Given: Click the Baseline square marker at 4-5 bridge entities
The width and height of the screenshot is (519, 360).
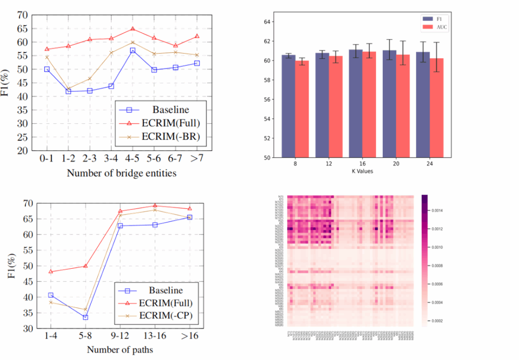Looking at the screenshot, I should pyautogui.click(x=133, y=51).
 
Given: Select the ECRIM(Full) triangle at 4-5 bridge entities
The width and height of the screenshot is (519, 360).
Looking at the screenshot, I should pyautogui.click(x=133, y=29).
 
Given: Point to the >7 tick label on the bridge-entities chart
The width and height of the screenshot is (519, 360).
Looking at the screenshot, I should pyautogui.click(x=197, y=159).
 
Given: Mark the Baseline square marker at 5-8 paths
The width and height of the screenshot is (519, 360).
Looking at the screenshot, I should pyautogui.click(x=85, y=317).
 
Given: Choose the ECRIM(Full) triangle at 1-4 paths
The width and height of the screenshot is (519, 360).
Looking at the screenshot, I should pyautogui.click(x=50, y=271).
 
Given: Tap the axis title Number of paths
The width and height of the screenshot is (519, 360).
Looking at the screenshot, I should pyautogui.click(x=120, y=350).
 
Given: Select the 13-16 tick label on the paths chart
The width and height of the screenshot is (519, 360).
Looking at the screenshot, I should pyautogui.click(x=155, y=337).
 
